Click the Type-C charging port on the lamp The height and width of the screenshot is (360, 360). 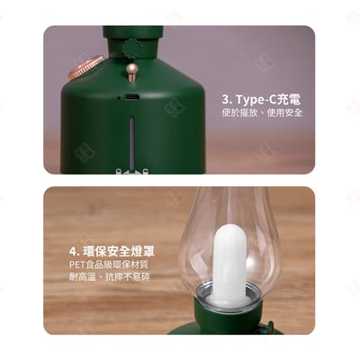pyautogui.click(x=131, y=97)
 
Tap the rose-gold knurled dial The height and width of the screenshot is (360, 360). pyautogui.click(x=87, y=67)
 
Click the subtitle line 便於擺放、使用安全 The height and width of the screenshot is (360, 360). pyautogui.click(x=261, y=113)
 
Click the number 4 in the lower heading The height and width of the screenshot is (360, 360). pyautogui.click(x=73, y=250)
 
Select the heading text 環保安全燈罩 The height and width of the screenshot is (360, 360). pyautogui.click(x=118, y=250)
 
